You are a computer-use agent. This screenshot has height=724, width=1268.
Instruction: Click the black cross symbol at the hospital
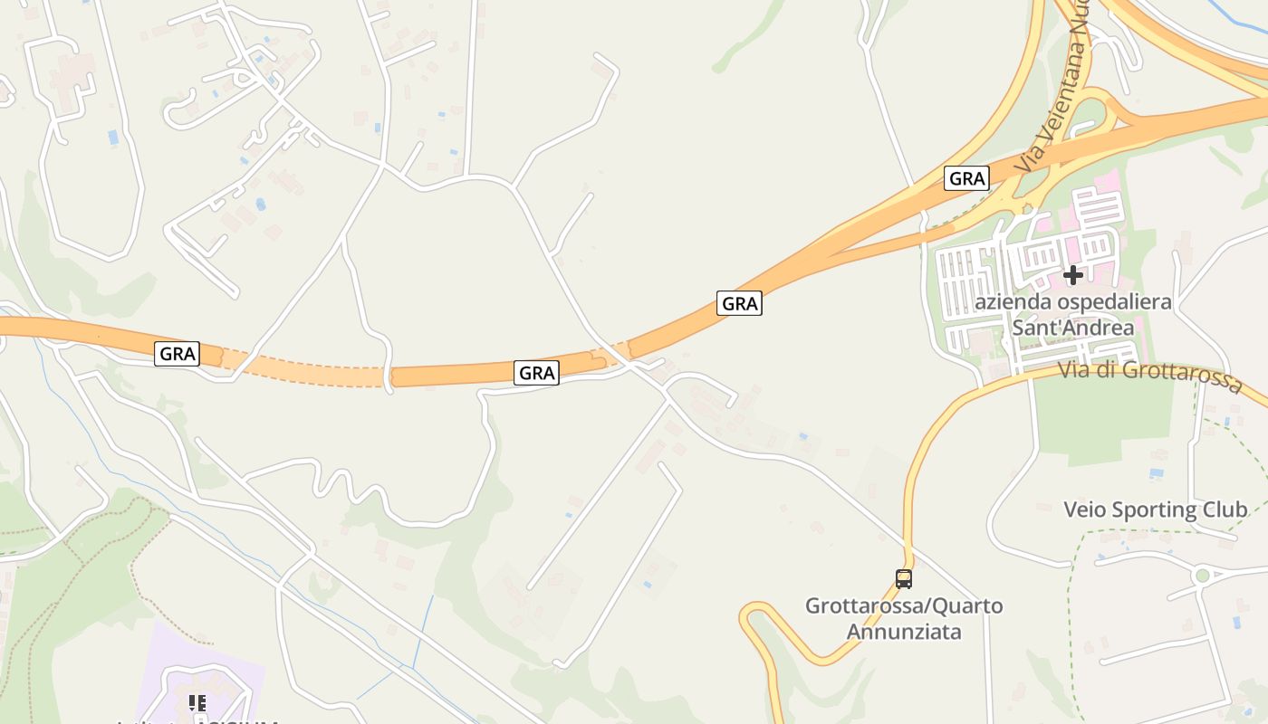pos(1073,274)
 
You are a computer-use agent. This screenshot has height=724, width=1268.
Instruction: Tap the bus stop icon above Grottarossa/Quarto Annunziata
pos(903,579)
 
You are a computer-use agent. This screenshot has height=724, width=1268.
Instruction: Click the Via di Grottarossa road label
pos(1150,376)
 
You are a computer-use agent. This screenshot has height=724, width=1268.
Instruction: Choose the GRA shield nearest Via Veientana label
pos(966,178)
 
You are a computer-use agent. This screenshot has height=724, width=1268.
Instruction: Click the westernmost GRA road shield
pos(177,353)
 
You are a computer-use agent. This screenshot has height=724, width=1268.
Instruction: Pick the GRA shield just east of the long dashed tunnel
pos(536,372)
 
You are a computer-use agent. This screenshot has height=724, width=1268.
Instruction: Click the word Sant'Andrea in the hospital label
pos(1072,327)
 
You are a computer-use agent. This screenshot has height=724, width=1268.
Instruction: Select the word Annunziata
pos(904,631)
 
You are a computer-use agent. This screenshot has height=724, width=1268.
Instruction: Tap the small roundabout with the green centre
pos(1203,575)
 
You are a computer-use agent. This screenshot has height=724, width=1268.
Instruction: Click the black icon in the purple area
pos(197,703)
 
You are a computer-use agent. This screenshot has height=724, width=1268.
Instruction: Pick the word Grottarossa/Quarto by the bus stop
pos(904,605)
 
